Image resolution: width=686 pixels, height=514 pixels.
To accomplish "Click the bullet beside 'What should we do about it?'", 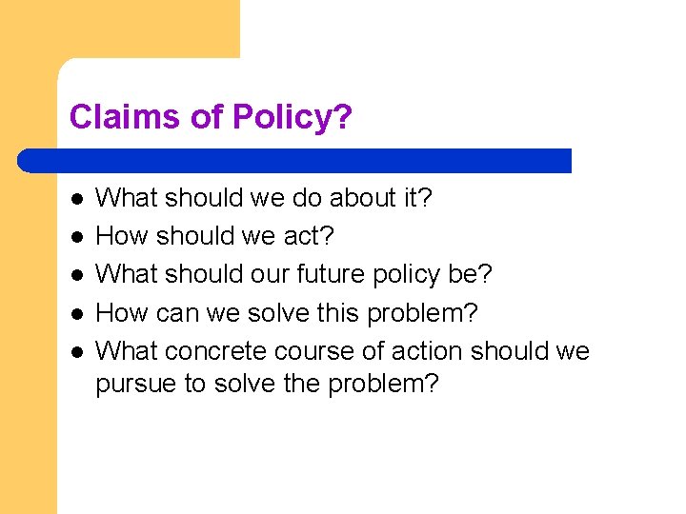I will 77,199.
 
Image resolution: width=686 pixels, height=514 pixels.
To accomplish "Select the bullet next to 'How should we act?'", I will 77,237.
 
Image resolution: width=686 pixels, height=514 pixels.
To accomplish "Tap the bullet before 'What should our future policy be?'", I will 77,275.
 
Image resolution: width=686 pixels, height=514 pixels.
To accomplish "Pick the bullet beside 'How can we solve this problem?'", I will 77,313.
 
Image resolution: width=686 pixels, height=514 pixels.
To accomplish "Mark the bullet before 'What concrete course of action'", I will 77,351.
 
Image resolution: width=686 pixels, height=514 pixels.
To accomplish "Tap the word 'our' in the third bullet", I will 277,274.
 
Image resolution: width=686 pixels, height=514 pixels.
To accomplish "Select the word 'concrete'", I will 215,350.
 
